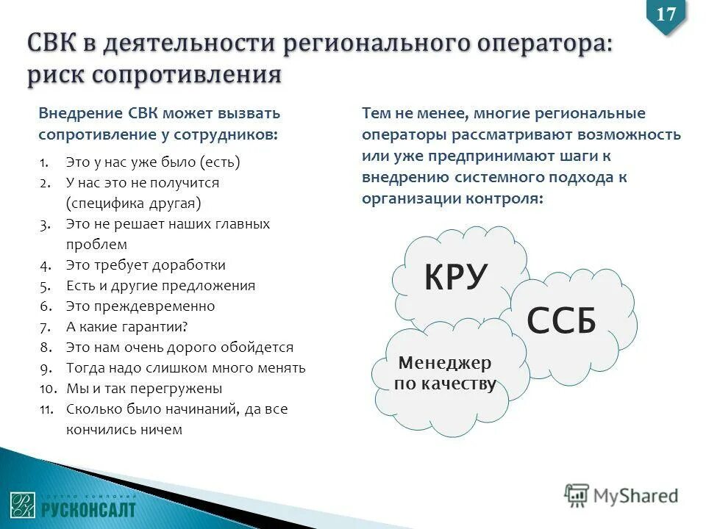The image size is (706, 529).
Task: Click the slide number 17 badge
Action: point(666,15)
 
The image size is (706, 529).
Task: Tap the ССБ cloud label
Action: point(561,321)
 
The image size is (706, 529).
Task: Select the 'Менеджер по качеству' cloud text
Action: point(445,373)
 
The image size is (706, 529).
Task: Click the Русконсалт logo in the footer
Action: point(73,503)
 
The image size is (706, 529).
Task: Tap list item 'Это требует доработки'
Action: point(146,265)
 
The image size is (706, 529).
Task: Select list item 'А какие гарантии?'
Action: point(126,327)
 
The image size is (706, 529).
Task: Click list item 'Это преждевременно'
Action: point(140,306)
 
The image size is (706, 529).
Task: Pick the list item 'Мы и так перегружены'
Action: point(143,389)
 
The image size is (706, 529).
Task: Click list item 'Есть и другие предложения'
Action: point(160,286)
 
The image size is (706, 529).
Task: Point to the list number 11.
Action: point(47,409)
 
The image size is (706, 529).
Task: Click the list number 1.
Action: point(45,162)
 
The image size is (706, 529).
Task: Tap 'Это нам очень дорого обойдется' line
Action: point(179,348)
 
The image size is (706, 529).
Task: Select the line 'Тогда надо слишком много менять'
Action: point(185,368)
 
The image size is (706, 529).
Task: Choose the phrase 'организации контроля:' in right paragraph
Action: point(452,199)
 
